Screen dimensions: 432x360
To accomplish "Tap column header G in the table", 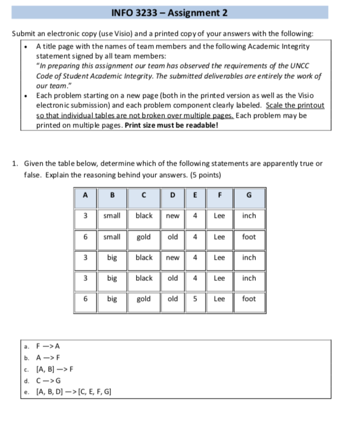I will (x=249, y=195).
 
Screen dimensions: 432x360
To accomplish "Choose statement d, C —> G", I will (x=49, y=380).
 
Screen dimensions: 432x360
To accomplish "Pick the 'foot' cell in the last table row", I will (x=249, y=299).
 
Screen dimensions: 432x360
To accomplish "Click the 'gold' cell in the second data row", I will (x=144, y=237).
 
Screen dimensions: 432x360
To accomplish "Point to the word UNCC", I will (x=310, y=67).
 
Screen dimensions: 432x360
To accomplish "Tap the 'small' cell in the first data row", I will (x=112, y=216).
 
